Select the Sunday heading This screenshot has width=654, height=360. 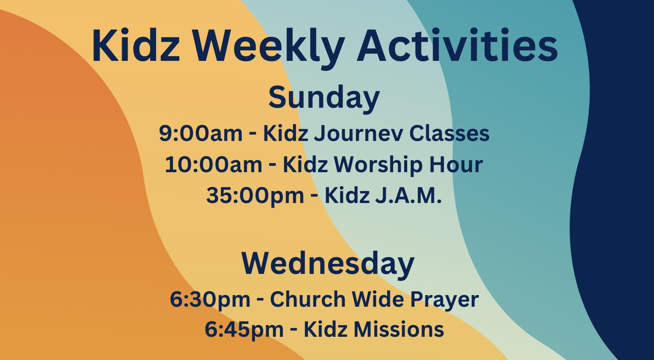[x=324, y=97]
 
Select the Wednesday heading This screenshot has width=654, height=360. [x=328, y=263]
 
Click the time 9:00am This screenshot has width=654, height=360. [x=201, y=133]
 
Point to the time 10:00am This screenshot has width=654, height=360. [x=213, y=165]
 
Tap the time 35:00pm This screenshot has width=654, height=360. [x=255, y=196]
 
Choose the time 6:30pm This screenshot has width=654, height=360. [x=210, y=299]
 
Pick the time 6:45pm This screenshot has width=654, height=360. [x=244, y=330]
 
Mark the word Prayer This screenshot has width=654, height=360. [x=444, y=300]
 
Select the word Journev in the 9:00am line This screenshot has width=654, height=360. [x=358, y=133]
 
